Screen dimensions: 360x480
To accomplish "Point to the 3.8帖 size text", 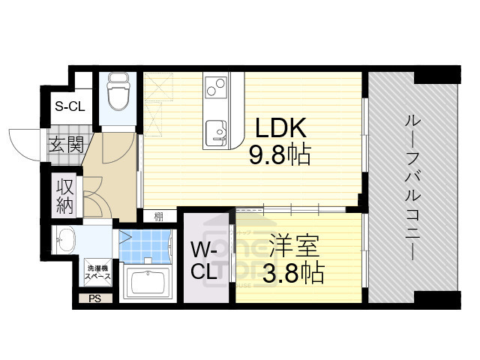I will point(292,273).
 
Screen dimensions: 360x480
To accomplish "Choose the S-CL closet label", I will point(70,106).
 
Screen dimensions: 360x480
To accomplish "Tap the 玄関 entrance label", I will point(65,145).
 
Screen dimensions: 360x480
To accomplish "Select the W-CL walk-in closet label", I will point(203,260).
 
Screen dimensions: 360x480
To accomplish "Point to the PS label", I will point(94,298).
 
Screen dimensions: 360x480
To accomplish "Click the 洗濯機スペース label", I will point(97,272).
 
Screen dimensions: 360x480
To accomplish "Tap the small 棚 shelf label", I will point(158,217).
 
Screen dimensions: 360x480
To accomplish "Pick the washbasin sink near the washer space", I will point(66,240).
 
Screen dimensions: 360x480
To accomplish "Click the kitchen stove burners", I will point(215,87).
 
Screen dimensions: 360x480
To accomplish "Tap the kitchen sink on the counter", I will point(217,130).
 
